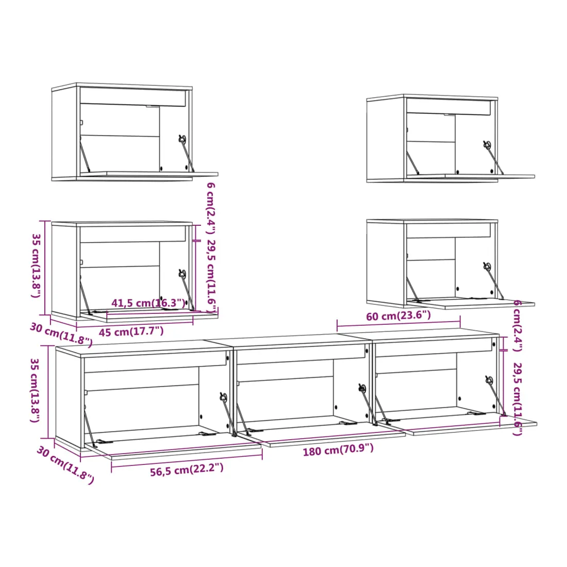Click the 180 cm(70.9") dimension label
tap(338, 449)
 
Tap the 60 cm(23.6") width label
tap(398, 315)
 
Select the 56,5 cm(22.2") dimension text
tap(187, 470)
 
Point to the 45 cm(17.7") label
tap(131, 331)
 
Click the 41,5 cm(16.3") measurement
tap(148, 303)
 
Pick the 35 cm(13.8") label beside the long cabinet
tap(35, 390)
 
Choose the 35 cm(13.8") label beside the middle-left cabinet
tap(36, 266)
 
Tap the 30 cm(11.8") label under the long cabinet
tap(65, 465)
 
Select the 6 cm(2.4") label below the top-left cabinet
tap(211, 208)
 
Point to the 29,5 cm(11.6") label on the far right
tap(518, 399)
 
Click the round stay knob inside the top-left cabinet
tap(182, 139)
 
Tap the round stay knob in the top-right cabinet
tap(487, 144)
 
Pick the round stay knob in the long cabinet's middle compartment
tap(362, 388)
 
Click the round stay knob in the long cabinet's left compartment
tap(223, 397)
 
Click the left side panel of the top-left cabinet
tap(64, 132)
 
